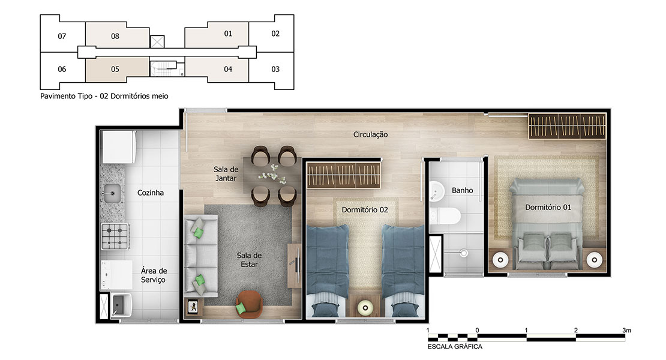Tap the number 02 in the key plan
click(x=275, y=34)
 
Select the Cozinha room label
click(x=151, y=193)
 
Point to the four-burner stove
click(x=115, y=236)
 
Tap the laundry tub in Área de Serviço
click(x=121, y=305)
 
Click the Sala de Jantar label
click(x=226, y=173)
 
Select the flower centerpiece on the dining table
click(x=272, y=175)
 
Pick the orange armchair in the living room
click(x=249, y=304)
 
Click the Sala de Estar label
click(x=249, y=260)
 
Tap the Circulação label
click(x=370, y=134)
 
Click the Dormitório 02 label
click(x=365, y=210)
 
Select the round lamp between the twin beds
click(x=365, y=307)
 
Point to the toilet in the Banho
click(x=444, y=216)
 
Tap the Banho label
click(x=462, y=191)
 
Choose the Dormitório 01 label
click(x=548, y=208)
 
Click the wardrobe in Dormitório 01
click(x=567, y=126)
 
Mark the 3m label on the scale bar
click(x=626, y=330)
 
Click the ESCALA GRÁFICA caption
click(x=455, y=347)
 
